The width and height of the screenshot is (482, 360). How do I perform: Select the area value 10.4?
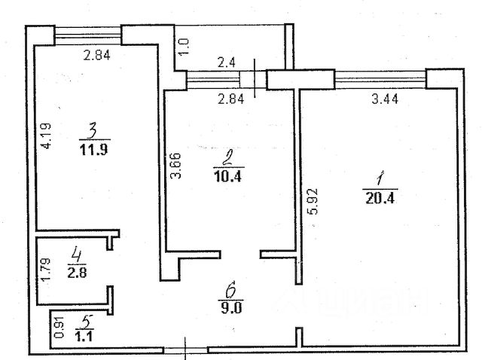(225, 175)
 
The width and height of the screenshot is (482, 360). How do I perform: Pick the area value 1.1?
(85, 336)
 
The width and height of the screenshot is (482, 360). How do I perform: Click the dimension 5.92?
(308, 201)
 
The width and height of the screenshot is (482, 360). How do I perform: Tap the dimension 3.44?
(386, 96)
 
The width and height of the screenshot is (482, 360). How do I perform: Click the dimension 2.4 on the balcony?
(226, 63)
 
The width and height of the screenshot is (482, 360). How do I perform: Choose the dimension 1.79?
(46, 270)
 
